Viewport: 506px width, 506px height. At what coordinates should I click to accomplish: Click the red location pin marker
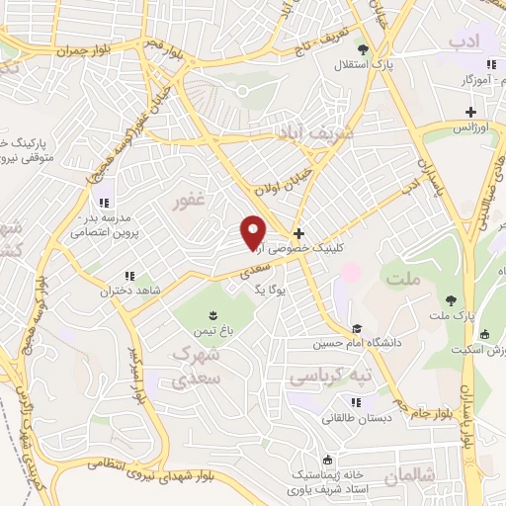coord(254,231)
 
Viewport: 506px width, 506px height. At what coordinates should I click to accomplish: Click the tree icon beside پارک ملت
coord(451,298)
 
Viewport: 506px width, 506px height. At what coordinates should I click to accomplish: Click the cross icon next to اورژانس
coord(470,112)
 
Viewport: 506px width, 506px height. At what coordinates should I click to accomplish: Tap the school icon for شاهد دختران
coord(127,276)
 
